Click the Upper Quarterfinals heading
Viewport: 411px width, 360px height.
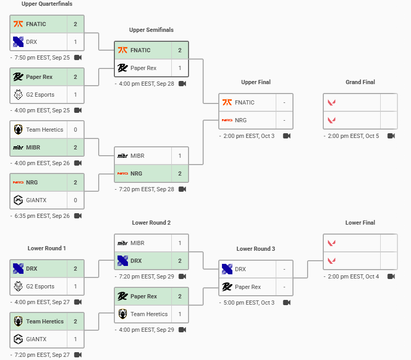point(47,4)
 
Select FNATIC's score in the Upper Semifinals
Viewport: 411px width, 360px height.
point(180,50)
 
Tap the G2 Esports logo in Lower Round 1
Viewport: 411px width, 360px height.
point(18,286)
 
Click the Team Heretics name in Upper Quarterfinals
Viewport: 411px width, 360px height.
point(44,130)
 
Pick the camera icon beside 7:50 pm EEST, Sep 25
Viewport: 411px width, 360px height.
point(78,57)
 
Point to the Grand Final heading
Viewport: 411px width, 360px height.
point(360,82)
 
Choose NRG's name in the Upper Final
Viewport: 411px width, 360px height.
point(241,120)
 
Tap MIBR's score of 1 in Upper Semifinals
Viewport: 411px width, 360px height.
point(180,156)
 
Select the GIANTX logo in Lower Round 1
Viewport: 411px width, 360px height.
point(18,339)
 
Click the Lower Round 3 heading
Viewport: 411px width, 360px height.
point(256,249)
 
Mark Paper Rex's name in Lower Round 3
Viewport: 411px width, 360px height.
point(248,287)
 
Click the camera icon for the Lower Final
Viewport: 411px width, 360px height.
point(391,276)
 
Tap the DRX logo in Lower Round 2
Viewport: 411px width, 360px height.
point(123,261)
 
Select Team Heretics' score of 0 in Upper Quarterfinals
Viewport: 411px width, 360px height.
point(75,130)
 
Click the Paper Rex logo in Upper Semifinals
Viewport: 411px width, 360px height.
point(123,68)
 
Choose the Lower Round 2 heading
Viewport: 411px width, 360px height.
point(151,223)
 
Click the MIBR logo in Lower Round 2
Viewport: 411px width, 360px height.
point(123,243)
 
